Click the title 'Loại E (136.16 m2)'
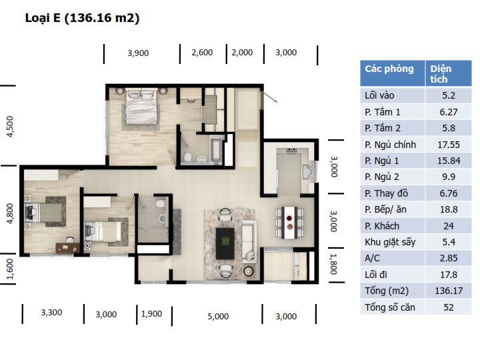tap(82, 18)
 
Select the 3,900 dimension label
tap(138, 53)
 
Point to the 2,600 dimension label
tap(202, 53)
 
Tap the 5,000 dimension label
tap(218, 316)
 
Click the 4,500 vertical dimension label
tap(10, 127)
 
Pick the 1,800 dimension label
tap(334, 264)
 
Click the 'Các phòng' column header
tap(389, 69)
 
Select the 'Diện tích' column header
tap(441, 74)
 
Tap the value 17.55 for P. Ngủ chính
tap(449, 145)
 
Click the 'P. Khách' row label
tap(382, 226)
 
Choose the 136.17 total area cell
tap(449, 291)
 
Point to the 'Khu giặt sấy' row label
tap(390, 243)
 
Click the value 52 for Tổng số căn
tap(449, 307)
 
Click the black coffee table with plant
tap(225, 243)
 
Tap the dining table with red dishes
tap(289, 223)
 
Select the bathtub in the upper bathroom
tap(216, 149)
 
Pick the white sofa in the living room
tap(249, 241)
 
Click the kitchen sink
tap(307, 172)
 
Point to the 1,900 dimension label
tap(151, 314)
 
